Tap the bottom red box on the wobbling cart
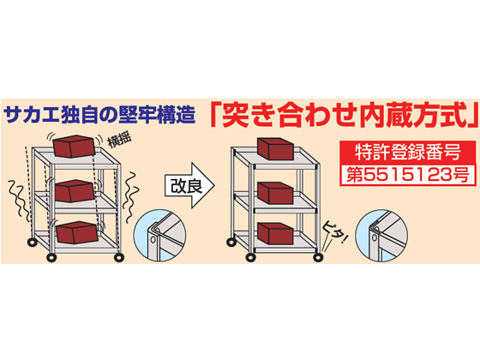click(x=75, y=232)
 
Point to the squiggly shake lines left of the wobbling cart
click(x=16, y=197)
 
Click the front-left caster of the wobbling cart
click(x=51, y=257)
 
